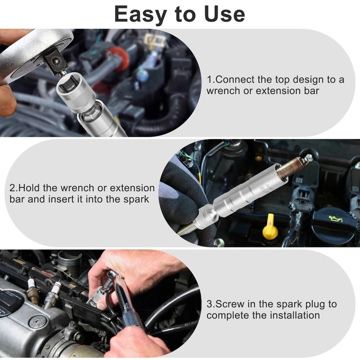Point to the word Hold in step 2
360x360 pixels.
[28, 188]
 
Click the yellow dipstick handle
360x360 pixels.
[270, 228]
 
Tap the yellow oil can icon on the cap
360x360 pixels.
[336, 217]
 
